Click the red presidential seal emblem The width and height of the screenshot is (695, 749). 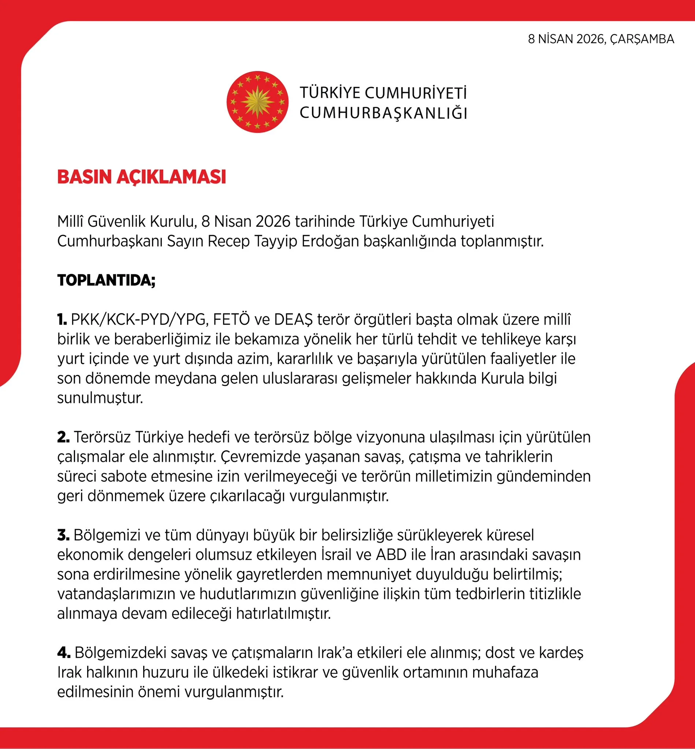(x=257, y=102)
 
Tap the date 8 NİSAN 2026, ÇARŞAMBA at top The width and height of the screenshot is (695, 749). (x=601, y=39)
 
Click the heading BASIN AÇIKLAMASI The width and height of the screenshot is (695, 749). (x=141, y=177)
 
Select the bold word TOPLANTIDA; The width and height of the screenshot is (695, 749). (x=106, y=280)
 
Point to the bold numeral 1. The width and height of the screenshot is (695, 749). (x=62, y=320)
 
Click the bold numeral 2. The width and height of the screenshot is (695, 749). (x=63, y=437)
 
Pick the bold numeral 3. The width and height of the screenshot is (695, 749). (x=63, y=535)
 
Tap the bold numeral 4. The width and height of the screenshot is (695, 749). (x=64, y=653)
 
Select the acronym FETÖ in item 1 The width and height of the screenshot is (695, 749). (x=231, y=320)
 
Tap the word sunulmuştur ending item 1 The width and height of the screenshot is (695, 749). (x=100, y=398)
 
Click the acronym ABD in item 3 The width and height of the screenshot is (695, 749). (x=391, y=554)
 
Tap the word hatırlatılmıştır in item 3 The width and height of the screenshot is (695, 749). (x=283, y=613)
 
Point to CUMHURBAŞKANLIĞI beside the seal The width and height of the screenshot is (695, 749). (x=383, y=113)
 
